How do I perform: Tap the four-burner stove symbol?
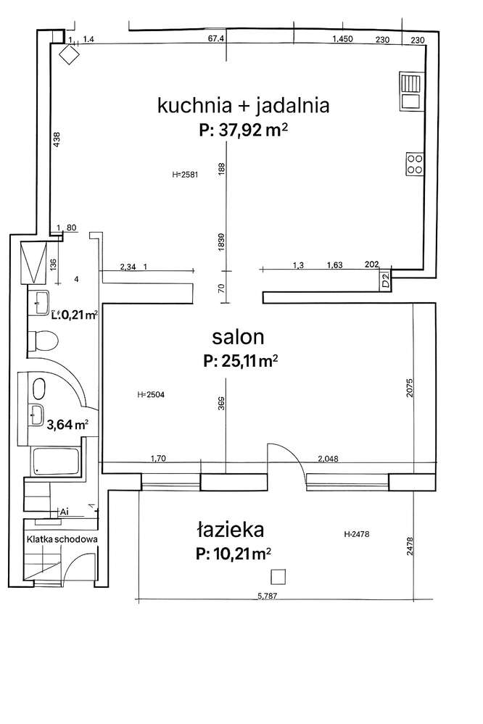(415, 164)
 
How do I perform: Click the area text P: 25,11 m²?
(241, 360)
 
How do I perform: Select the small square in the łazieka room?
(278, 576)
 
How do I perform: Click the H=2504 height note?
(150, 394)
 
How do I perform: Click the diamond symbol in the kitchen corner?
(70, 54)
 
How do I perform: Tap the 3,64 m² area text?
(67, 425)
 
